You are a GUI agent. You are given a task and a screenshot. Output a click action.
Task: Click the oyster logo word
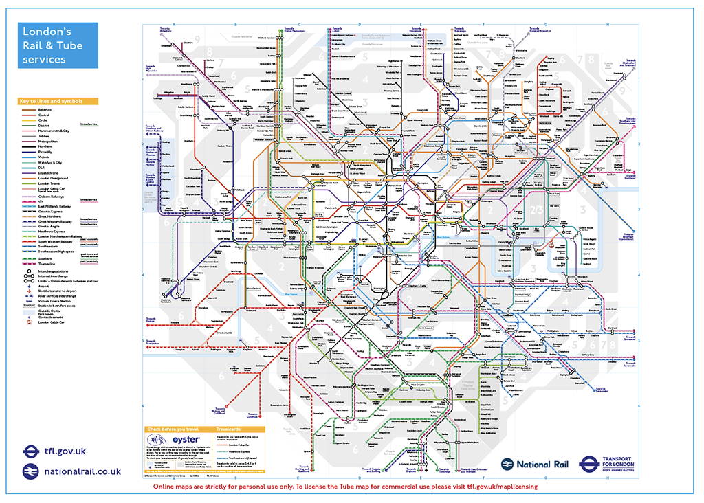185,440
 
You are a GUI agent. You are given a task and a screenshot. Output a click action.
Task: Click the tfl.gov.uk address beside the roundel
65,451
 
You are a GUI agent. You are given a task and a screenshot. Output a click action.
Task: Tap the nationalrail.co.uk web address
82,471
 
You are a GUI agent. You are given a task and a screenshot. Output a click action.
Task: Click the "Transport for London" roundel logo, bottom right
590,465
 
